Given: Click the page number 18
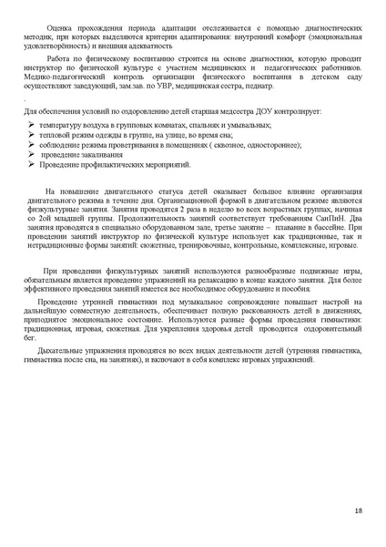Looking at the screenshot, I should pyautogui.click(x=359, y=511).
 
